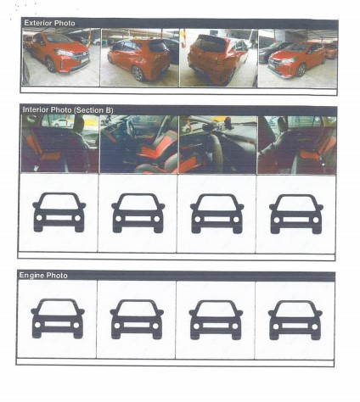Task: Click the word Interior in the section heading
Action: (34, 109)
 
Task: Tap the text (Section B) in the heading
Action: (93, 110)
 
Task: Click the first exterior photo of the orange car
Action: (61, 57)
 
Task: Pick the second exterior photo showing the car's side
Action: (140, 58)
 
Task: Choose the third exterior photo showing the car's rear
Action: (218, 58)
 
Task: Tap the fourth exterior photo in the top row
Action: (298, 59)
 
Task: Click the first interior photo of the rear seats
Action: (60, 143)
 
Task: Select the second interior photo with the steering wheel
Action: (139, 144)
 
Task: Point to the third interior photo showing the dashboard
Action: (218, 144)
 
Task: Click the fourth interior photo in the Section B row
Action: (297, 145)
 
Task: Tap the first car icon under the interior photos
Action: (59, 212)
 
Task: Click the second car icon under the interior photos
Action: (138, 213)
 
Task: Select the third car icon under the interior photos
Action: (217, 214)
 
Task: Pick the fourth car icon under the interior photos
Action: (296, 215)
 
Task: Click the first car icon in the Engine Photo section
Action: (58, 319)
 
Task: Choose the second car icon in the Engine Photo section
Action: (137, 320)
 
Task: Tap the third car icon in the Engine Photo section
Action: (216, 320)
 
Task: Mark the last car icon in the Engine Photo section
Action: (295, 321)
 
